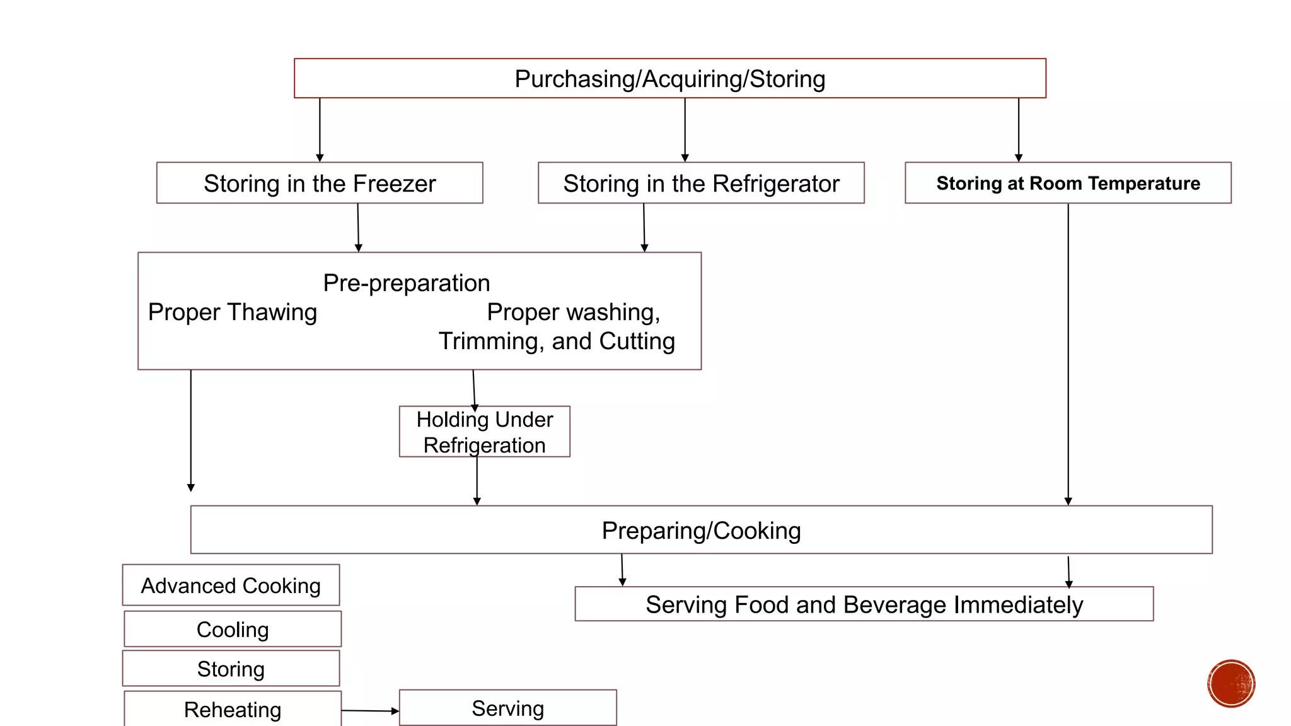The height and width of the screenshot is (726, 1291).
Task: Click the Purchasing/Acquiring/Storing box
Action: pos(669,79)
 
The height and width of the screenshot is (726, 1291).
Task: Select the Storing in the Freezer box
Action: pos(320,183)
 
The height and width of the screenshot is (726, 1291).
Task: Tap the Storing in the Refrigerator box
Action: pos(701,183)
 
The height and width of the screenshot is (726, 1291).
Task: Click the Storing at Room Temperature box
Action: pos(1068,183)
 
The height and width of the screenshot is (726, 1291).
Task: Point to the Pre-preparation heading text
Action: pos(406,283)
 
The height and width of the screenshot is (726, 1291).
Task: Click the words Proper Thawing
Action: pos(232,313)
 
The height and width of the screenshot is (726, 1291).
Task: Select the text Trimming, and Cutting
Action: pos(557,341)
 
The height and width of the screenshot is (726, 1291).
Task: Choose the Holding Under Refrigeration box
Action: pos(484,432)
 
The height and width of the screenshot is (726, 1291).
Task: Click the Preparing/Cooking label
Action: pos(701,531)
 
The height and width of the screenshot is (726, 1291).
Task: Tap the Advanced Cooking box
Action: pos(231,585)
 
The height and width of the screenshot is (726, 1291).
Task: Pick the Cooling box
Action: pos(233,630)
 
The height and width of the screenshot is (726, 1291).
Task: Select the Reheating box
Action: pos(233,710)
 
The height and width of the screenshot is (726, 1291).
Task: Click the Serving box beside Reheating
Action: pos(507,708)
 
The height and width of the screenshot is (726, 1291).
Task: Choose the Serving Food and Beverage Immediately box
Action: pos(864,604)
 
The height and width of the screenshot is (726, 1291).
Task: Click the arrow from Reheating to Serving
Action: pos(370,711)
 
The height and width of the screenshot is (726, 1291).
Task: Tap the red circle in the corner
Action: pos(1231,684)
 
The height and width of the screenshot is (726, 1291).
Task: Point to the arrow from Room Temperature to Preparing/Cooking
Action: pos(1068,353)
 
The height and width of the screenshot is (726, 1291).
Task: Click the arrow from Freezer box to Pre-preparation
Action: pos(358,227)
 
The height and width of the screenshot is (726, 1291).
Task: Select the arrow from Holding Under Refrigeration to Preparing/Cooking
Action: pos(477,480)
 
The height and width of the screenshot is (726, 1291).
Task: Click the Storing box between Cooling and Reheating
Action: pos(231,669)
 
